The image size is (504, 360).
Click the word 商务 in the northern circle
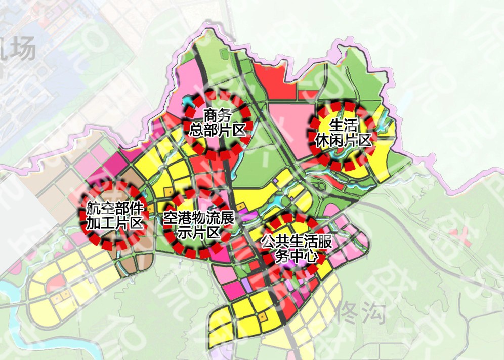click(217, 115)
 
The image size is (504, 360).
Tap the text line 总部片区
click(217, 130)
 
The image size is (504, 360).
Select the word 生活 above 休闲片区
click(343, 125)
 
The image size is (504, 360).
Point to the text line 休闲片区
click(343, 140)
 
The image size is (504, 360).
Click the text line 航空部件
click(115, 208)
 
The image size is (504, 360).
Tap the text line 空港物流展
click(198, 219)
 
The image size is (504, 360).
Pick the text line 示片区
click(198, 233)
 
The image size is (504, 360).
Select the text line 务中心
click(297, 257)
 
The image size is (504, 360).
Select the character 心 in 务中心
click(315, 257)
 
